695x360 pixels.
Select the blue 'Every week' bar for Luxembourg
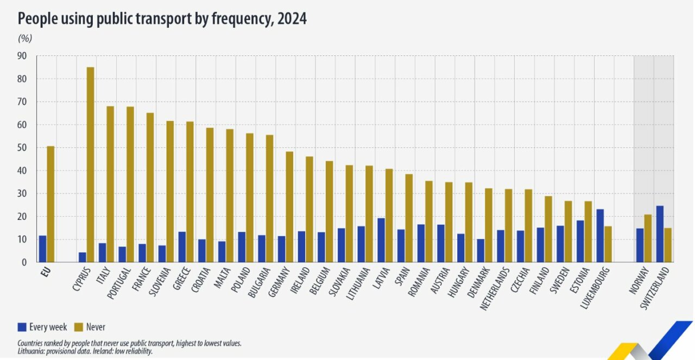(x=599, y=236)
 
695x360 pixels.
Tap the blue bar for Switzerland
(x=660, y=234)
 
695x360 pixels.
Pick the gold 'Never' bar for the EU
(x=50, y=204)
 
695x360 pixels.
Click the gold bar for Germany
(x=289, y=207)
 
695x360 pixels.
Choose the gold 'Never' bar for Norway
(x=648, y=238)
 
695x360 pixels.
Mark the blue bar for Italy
(x=102, y=252)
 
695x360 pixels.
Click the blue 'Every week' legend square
(x=22, y=327)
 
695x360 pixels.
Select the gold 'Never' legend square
(x=78, y=327)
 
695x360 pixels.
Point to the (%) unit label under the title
(x=25, y=38)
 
